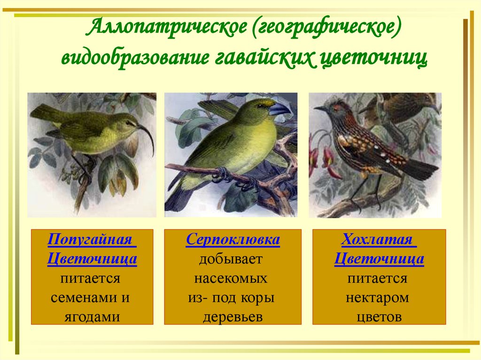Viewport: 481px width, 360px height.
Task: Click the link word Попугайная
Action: click(x=92, y=239)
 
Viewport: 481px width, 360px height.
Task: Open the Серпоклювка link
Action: click(x=233, y=240)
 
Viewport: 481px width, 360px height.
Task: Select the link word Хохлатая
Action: click(x=379, y=239)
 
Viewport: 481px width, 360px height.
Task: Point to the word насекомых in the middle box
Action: click(x=233, y=279)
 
